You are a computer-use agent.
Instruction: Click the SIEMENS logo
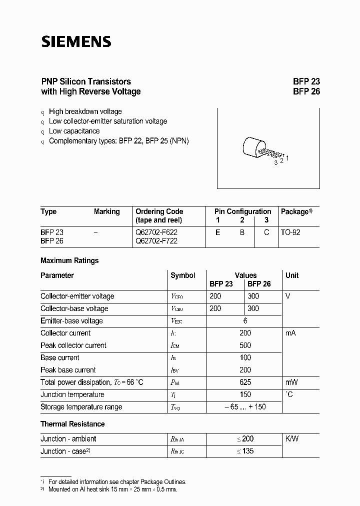[x=75, y=41]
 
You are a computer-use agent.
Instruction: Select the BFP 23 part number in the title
[x=306, y=81]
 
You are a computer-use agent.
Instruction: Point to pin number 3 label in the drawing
[x=275, y=162]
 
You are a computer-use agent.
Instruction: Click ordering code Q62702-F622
[x=156, y=232]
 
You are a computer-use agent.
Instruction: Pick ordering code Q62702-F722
[x=156, y=241]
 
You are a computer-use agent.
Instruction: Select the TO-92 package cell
[x=290, y=232]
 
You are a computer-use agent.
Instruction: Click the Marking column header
[x=106, y=211]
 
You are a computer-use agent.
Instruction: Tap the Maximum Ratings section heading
[x=69, y=260]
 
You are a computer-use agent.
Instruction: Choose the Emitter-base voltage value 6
[x=245, y=321]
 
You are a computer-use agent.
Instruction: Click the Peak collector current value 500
[x=245, y=345]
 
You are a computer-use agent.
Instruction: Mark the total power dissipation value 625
[x=245, y=382]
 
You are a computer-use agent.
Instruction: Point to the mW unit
[x=291, y=382]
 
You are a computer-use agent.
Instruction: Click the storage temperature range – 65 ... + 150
[x=245, y=407]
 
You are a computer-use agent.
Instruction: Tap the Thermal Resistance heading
[x=72, y=424]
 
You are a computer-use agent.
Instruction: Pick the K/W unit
[x=291, y=438]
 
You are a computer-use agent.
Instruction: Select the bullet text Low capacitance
[x=74, y=131]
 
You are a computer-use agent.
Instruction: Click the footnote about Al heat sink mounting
[x=112, y=489]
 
